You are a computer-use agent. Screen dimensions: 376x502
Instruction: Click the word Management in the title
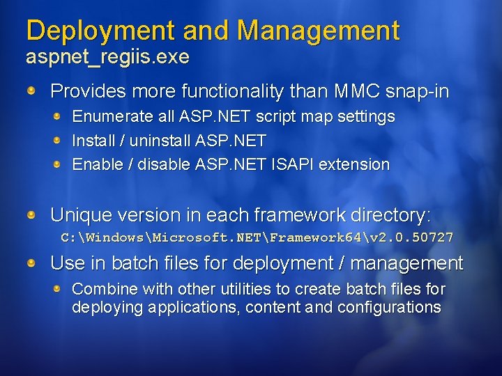(318, 31)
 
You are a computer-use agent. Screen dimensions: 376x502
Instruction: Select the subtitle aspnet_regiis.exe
(107, 57)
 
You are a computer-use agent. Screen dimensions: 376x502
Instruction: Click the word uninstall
(156, 141)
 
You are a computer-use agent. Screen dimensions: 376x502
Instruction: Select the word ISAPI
(298, 165)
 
